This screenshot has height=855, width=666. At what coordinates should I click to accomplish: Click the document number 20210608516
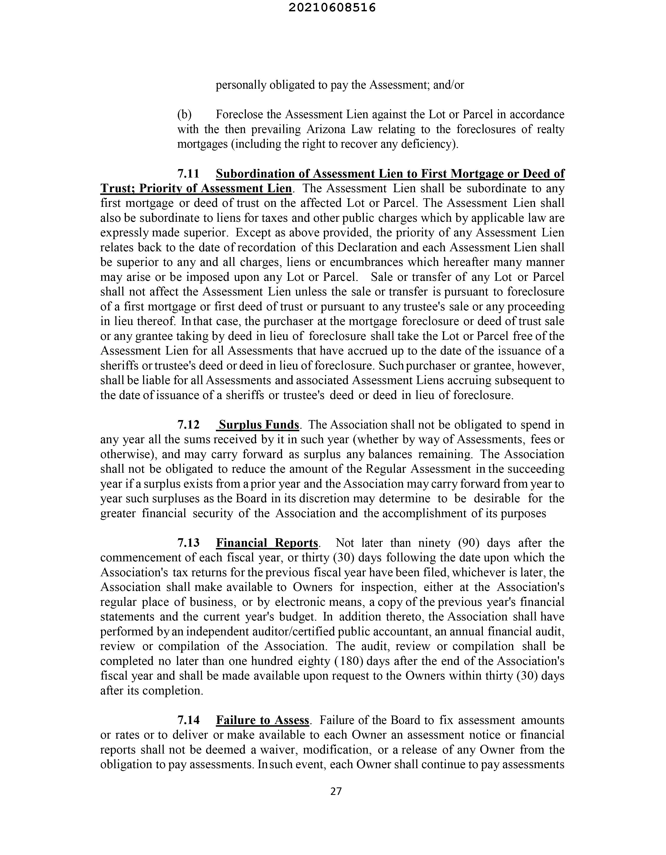coord(332,8)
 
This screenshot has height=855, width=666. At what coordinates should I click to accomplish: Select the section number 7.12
coord(188,425)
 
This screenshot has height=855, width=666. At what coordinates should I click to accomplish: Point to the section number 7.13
coord(188,543)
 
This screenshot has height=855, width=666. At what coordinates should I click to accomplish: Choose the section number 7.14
coord(188,720)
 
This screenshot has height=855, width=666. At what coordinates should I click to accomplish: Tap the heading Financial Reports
coord(267,543)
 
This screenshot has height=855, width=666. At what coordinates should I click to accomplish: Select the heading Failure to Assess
coord(263,720)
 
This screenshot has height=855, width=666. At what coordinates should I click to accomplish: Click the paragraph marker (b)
coord(184,114)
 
